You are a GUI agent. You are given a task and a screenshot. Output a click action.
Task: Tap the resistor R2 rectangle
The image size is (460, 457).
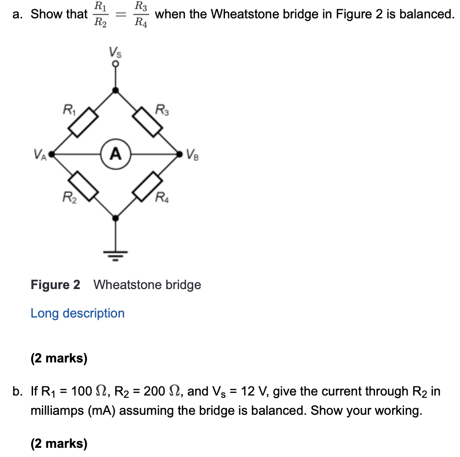point(84,186)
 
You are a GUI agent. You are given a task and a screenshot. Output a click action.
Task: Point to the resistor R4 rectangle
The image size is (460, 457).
point(147,186)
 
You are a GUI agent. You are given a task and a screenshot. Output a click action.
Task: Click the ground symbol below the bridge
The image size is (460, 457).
point(115,254)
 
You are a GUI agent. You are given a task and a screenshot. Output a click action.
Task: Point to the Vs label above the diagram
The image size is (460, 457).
point(115,51)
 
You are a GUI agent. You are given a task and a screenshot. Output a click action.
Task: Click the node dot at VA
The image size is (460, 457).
point(51,154)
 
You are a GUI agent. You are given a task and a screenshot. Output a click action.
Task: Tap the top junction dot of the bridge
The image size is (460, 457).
point(116,90)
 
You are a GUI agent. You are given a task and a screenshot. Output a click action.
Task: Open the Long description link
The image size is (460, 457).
point(78,313)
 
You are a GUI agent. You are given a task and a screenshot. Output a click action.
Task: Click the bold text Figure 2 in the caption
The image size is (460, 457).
point(55,285)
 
